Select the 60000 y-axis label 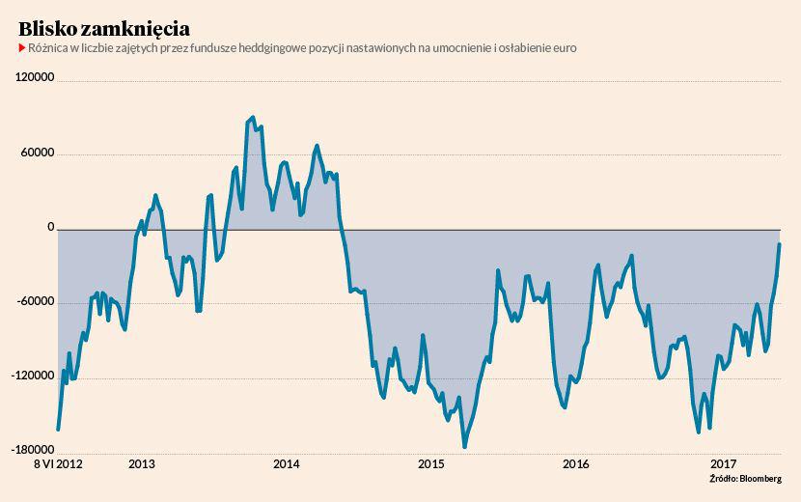coord(39,153)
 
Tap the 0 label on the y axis coord(50,228)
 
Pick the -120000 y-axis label coord(34,376)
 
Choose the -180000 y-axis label coord(34,450)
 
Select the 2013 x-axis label coord(142,464)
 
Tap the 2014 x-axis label coord(287,464)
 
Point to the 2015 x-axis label coord(431,464)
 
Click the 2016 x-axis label coord(576,464)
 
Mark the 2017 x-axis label coord(723,464)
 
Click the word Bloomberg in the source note coord(760,478)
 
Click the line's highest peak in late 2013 coord(253,117)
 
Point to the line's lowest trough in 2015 coord(464,446)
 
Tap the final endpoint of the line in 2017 coord(779,244)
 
